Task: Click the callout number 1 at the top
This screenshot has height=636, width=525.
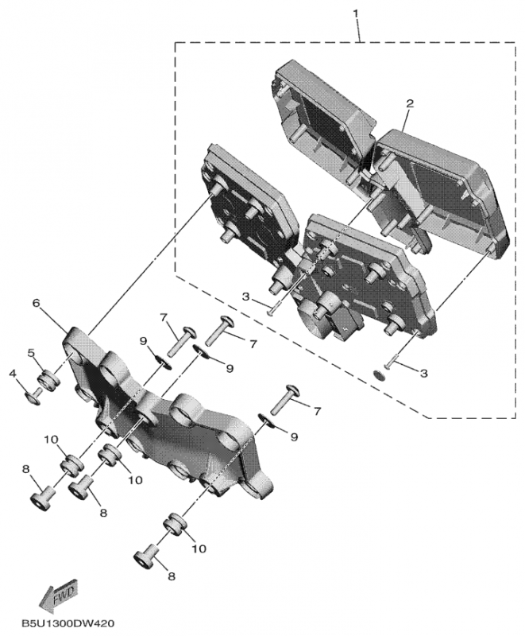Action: pyautogui.click(x=356, y=13)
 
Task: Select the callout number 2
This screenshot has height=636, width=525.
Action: pyautogui.click(x=410, y=105)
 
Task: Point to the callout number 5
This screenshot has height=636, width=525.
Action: pyautogui.click(x=32, y=352)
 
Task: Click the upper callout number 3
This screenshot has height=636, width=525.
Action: pyautogui.click(x=246, y=297)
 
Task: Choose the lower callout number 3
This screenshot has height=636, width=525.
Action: pyautogui.click(x=424, y=372)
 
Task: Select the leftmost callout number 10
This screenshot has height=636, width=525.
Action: pyautogui.click(x=49, y=440)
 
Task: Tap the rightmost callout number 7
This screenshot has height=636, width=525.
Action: pyautogui.click(x=317, y=411)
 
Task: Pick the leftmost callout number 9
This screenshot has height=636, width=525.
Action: pyautogui.click(x=143, y=341)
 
